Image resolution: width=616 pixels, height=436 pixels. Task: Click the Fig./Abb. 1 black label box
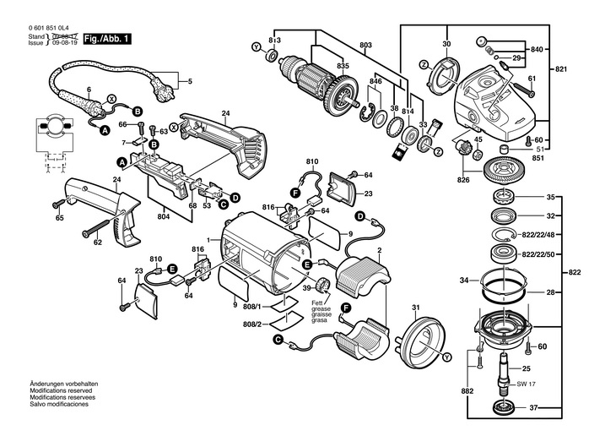(107, 39)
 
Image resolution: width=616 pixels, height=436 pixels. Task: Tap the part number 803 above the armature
(365, 44)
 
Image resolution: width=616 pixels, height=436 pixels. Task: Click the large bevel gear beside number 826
(505, 178)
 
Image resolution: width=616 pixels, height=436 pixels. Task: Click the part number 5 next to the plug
(190, 81)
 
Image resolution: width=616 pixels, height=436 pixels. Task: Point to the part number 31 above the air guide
(415, 306)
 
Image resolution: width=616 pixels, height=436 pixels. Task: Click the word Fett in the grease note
(319, 302)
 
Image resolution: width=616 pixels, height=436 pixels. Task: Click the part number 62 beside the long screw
(98, 243)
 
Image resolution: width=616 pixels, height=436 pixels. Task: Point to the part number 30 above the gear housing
(446, 44)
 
